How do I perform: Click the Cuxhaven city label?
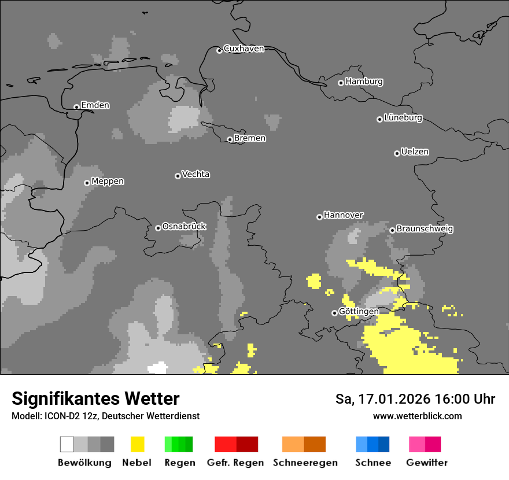[x=244, y=49]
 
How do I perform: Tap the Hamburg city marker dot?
[x=341, y=83]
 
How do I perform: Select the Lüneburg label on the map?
[x=403, y=118]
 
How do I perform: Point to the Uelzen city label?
[x=415, y=152]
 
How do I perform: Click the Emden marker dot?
[x=76, y=107]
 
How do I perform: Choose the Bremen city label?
[x=250, y=138]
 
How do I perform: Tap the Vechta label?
[x=196, y=174]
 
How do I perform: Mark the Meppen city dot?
[x=87, y=183]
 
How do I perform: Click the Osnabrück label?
[x=184, y=227]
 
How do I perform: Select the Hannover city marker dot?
[x=319, y=217]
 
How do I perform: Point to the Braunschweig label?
[x=425, y=229]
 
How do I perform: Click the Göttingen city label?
[x=359, y=312]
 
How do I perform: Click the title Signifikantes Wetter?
[x=95, y=398]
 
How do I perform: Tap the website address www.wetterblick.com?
[x=417, y=416]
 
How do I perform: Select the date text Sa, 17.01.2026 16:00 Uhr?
[x=415, y=399]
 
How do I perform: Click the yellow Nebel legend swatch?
[x=138, y=444]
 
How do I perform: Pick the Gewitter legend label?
[x=427, y=463]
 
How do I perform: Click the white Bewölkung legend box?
[x=67, y=444]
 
